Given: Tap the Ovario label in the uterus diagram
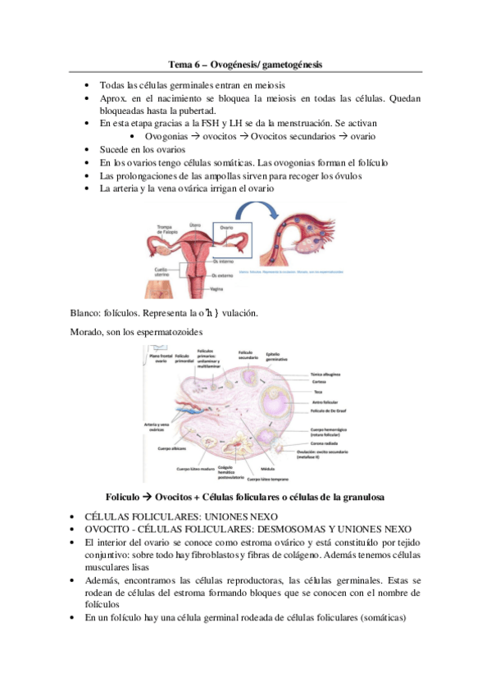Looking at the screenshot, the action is (x=227, y=227).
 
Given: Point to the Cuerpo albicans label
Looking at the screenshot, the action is (x=164, y=449).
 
